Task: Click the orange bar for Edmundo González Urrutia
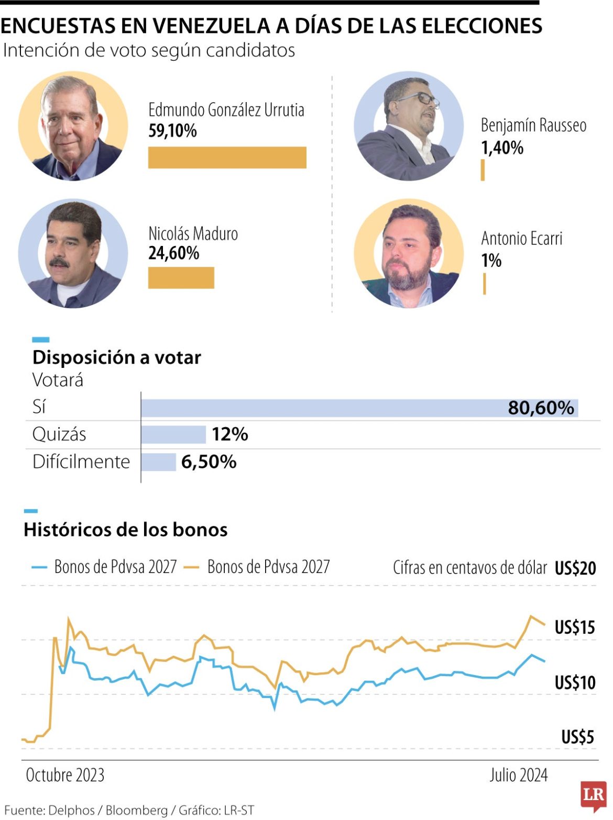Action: click(227, 158)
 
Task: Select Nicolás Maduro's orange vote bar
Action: click(181, 278)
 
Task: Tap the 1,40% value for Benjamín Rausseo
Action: click(502, 148)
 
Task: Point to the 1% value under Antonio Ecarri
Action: click(491, 261)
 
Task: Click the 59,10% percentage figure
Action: click(172, 131)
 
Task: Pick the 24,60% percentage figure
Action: click(173, 253)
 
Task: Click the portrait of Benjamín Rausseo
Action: click(408, 126)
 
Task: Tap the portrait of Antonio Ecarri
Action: click(408, 253)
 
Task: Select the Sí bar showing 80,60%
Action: click(359, 408)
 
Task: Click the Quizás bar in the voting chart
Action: click(173, 435)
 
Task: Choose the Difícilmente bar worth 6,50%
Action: click(159, 462)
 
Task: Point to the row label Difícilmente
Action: click(81, 462)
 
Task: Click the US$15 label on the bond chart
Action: click(575, 627)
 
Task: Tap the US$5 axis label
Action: click(577, 737)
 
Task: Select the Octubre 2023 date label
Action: click(65, 775)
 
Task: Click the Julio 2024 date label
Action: click(518, 775)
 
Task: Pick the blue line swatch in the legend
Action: click(39, 567)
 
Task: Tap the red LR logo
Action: click(593, 795)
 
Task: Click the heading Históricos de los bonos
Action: click(126, 530)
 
